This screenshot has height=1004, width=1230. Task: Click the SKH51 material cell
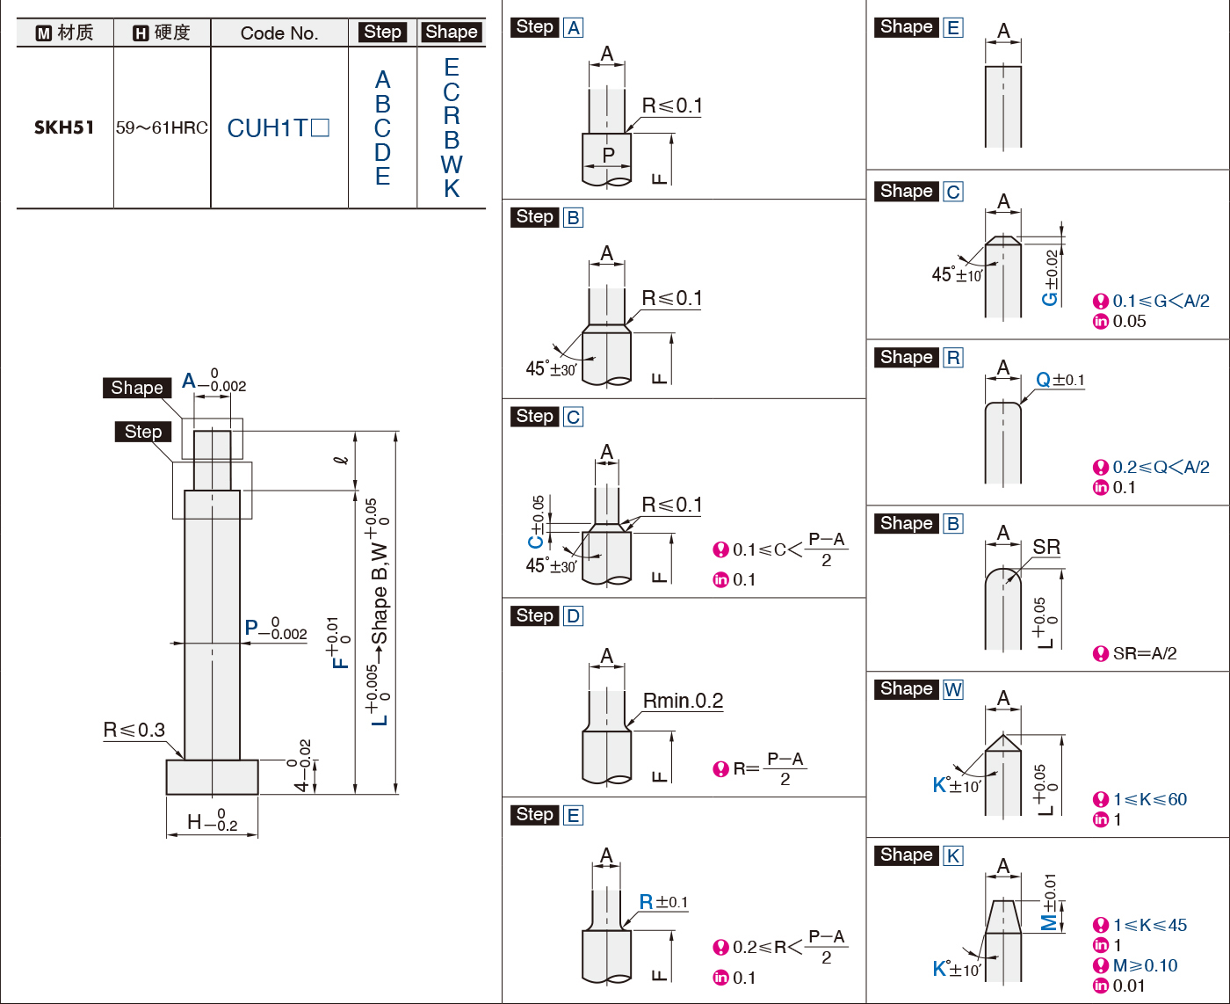[64, 127]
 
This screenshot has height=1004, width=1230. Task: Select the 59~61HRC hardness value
[162, 127]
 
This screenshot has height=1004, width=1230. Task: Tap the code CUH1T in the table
[267, 127]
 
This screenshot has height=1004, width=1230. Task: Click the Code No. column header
[279, 33]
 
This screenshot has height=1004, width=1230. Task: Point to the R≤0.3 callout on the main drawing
[134, 730]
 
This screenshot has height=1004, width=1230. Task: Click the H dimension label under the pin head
[194, 822]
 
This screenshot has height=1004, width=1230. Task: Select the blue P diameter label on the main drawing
[251, 628]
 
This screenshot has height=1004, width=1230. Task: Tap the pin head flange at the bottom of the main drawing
[213, 777]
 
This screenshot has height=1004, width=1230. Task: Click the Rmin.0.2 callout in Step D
[683, 701]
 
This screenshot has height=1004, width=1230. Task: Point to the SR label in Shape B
[1046, 547]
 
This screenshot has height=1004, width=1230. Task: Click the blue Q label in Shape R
[1044, 380]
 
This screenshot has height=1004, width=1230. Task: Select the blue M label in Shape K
[1049, 922]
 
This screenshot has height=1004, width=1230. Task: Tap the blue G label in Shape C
[1049, 299]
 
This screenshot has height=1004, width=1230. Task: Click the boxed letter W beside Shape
[953, 689]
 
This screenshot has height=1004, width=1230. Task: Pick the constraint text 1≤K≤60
[1150, 799]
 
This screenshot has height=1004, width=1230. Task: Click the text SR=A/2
[1144, 653]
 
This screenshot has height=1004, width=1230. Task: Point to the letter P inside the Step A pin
[608, 155]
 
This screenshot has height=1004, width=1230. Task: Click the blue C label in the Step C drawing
[535, 542]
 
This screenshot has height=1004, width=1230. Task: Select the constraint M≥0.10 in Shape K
[1145, 965]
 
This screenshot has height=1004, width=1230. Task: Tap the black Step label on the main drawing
[143, 432]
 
